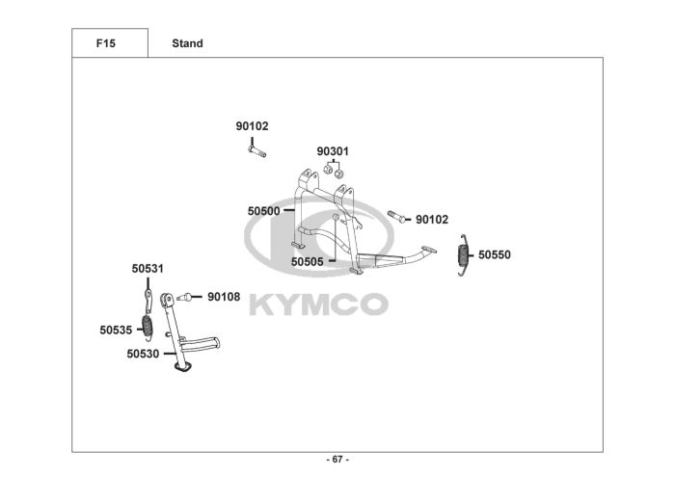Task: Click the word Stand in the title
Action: pyautogui.click(x=187, y=43)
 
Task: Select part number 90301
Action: pyautogui.click(x=333, y=151)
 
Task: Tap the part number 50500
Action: pyautogui.click(x=263, y=210)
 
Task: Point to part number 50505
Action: pyautogui.click(x=308, y=261)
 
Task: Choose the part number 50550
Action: pyautogui.click(x=495, y=255)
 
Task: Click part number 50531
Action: pyautogui.click(x=148, y=269)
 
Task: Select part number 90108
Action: pyautogui.click(x=224, y=297)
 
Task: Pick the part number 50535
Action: pyautogui.click(x=116, y=330)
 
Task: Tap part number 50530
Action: pyautogui.click(x=143, y=354)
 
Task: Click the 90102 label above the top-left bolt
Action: pyautogui.click(x=253, y=126)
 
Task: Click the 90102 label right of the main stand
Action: pyautogui.click(x=432, y=220)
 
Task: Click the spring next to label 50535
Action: pyautogui.click(x=148, y=326)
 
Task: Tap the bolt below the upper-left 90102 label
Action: pyautogui.click(x=256, y=150)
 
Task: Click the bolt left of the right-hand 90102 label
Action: pyautogui.click(x=398, y=217)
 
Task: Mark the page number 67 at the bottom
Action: pyautogui.click(x=337, y=459)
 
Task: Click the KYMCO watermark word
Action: pyautogui.click(x=319, y=305)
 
